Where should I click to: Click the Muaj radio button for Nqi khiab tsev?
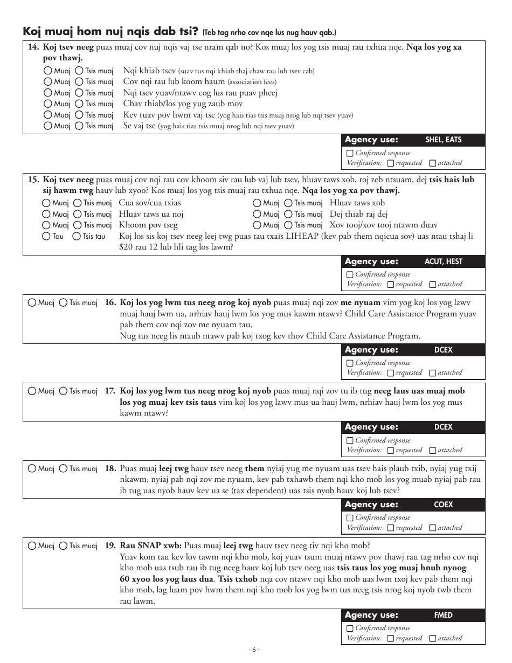(x=49, y=71)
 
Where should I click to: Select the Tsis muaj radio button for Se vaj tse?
(x=79, y=126)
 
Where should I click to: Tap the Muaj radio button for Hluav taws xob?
(x=257, y=203)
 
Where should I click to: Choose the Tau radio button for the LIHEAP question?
(x=47, y=236)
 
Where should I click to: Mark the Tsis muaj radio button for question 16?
(x=64, y=303)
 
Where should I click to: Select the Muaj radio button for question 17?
(x=32, y=391)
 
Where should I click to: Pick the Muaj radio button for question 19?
(x=32, y=546)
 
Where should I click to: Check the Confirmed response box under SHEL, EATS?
(x=350, y=154)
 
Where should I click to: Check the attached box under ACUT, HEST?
(x=433, y=285)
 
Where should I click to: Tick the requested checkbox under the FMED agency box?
(x=391, y=639)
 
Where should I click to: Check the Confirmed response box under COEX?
(x=350, y=518)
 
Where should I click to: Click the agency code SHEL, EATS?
(x=443, y=140)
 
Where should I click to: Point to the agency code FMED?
(x=443, y=615)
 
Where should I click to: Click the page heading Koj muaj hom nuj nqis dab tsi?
(x=111, y=31)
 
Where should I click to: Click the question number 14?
(x=33, y=47)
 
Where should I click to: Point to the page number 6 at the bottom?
(x=255, y=650)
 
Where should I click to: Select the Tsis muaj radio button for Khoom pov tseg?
(x=77, y=225)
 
